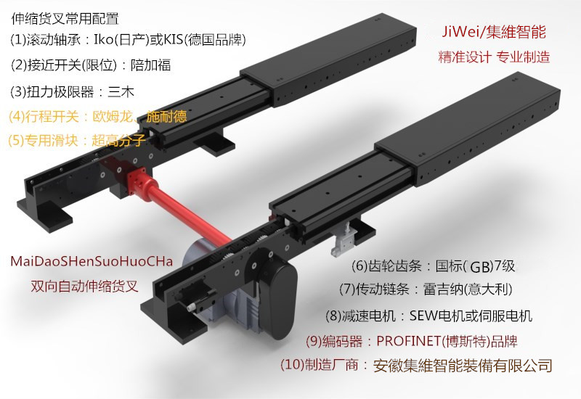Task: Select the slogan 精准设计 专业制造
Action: coord(494,56)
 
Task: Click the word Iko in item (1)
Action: coord(106,38)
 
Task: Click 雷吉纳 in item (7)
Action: coord(444,289)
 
